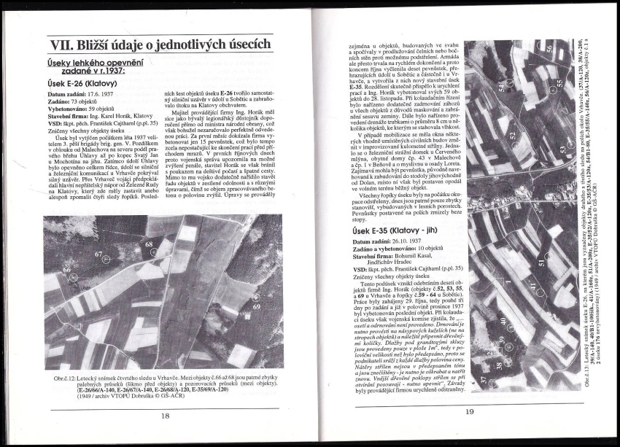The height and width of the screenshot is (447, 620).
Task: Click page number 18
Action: pos(165,415)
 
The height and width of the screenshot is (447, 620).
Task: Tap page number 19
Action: pos(469,412)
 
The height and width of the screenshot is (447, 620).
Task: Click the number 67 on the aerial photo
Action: pos(98,252)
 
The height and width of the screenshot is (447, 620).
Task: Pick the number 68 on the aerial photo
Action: pos(148,244)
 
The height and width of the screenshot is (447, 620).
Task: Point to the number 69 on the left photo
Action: pos(257,307)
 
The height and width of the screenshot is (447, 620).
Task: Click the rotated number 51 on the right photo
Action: pos(542,261)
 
